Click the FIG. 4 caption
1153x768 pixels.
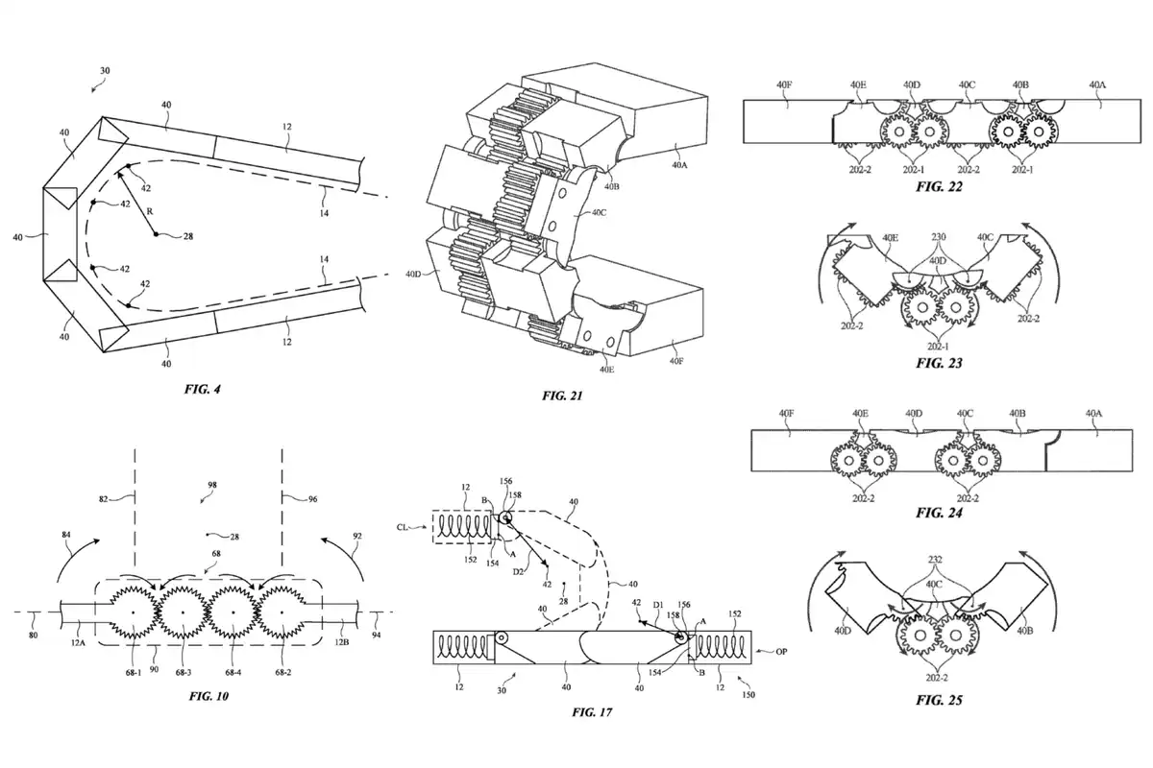click(203, 389)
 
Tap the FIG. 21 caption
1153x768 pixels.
click(562, 396)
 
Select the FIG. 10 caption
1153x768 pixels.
click(209, 696)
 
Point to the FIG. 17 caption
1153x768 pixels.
click(592, 712)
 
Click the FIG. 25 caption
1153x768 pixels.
click(939, 700)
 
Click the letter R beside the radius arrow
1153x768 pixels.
click(150, 211)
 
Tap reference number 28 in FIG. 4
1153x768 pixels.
click(188, 236)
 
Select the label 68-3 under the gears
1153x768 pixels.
click(184, 672)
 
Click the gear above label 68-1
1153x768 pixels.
click(134, 612)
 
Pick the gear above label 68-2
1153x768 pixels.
click(282, 612)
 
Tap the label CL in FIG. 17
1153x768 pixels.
click(403, 527)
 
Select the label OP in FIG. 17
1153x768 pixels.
click(781, 652)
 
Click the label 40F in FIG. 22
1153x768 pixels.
click(784, 84)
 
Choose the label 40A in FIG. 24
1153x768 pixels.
click(1093, 413)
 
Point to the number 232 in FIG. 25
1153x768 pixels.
click(935, 559)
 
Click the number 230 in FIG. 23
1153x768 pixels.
click(939, 236)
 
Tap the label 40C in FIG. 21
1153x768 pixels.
click(599, 212)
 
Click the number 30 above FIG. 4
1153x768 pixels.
click(105, 70)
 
